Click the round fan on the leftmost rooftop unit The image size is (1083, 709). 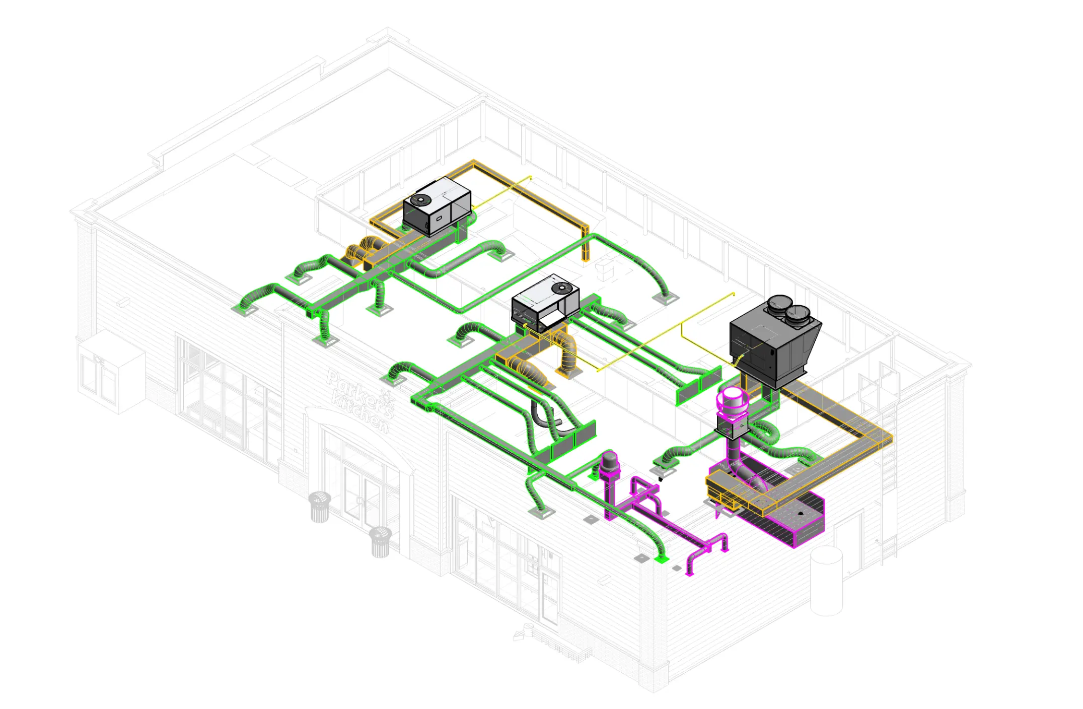[x=419, y=200]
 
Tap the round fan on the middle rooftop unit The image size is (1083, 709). [x=562, y=288]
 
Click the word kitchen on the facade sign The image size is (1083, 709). [x=360, y=410]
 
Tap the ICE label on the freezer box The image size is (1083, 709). [x=99, y=360]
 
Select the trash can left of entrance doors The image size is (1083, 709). [x=320, y=507]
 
